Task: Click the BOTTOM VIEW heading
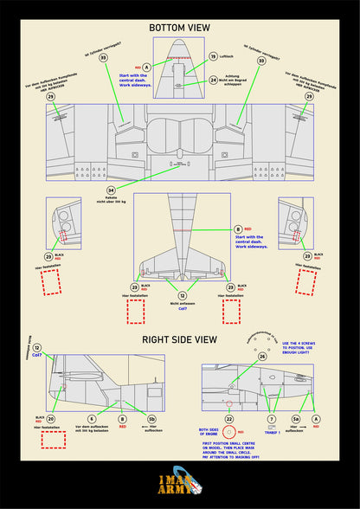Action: click(180, 29)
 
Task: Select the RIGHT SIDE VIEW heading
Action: click(180, 340)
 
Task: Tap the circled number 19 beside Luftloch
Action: click(213, 56)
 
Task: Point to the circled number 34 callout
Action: click(111, 190)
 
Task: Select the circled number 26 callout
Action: click(262, 356)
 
